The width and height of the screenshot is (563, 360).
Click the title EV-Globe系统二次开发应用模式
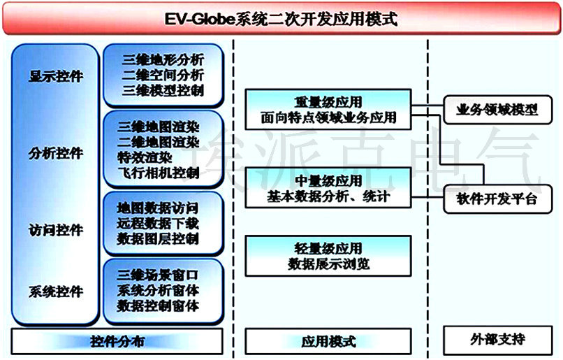point(281,19)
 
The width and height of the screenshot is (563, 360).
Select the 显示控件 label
point(56,76)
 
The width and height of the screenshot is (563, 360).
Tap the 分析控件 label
point(56,153)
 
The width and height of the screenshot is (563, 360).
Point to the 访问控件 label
point(56,230)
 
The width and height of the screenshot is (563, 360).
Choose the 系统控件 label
point(56,291)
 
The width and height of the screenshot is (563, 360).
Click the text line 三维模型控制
point(163,90)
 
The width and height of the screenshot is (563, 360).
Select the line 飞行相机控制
point(159,173)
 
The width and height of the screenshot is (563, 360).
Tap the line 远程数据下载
point(158,224)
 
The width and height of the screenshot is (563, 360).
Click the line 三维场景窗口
point(158,275)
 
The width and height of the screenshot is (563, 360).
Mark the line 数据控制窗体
point(158,306)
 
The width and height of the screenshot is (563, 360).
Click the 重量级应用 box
point(328,110)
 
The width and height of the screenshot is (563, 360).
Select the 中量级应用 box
point(328,187)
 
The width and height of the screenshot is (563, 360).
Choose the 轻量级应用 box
point(328,256)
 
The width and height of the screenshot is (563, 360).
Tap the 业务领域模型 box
point(497,110)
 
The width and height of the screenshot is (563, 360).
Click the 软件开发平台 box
point(497,199)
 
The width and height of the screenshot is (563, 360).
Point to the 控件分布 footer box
point(117,341)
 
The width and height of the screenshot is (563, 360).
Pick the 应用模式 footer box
point(328,341)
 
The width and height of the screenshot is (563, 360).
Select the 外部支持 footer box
point(497,340)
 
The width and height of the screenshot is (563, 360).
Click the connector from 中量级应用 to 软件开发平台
point(427,197)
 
